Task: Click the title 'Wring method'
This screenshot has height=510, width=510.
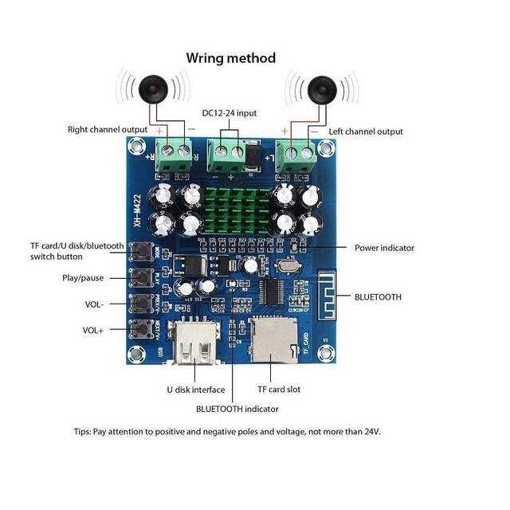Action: (x=231, y=58)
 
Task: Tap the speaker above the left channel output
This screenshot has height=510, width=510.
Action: (x=320, y=88)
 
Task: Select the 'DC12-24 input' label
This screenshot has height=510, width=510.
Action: (x=229, y=113)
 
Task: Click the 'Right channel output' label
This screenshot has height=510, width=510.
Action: (x=108, y=130)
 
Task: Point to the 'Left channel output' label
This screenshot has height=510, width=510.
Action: (x=364, y=131)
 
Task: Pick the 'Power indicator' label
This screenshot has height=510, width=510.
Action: (x=384, y=248)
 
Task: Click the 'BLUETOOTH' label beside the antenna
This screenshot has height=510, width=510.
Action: (x=379, y=296)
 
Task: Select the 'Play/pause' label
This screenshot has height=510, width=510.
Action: (x=83, y=278)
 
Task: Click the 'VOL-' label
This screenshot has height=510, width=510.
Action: (x=94, y=304)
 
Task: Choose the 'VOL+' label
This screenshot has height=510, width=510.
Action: (x=94, y=330)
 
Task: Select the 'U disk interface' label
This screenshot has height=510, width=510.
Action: (x=195, y=390)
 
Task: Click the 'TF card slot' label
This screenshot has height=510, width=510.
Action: (x=279, y=390)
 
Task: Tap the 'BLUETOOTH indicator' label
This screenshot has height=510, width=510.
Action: (x=237, y=409)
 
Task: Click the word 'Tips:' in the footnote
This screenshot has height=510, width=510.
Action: (x=83, y=431)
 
